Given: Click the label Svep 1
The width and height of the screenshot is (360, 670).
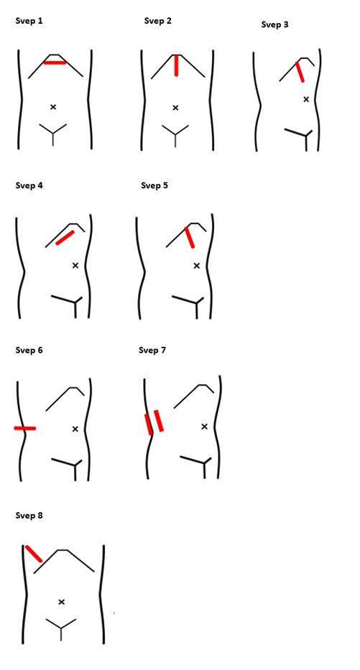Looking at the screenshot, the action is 29,21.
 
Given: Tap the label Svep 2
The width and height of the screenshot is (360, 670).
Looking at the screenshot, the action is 158,21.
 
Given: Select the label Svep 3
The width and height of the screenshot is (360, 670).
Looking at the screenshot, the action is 275,25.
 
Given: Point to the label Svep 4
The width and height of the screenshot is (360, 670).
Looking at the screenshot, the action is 29,185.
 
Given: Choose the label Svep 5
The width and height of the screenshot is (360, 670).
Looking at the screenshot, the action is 154,185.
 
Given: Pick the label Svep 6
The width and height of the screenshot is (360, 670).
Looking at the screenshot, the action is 29,350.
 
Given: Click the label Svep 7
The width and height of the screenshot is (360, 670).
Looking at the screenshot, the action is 152,350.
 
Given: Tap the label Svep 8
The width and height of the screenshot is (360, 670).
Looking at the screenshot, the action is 29,516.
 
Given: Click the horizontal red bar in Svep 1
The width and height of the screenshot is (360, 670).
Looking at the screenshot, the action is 55,62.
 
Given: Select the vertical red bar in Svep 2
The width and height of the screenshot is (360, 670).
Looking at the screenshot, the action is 176,65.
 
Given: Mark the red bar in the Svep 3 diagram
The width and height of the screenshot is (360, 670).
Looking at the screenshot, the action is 300,72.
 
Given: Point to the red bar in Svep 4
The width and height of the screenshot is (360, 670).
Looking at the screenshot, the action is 65,238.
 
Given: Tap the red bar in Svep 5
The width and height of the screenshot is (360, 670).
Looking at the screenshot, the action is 190,238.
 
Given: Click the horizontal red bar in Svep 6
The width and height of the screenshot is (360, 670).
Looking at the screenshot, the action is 25,428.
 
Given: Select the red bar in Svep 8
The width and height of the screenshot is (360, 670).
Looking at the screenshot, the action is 34,554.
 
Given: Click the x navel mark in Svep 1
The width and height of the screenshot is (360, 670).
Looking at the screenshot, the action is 53,107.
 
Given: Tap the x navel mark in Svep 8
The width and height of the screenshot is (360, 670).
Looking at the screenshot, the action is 61,602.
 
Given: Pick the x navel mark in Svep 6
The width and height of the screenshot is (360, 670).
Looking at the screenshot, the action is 75,429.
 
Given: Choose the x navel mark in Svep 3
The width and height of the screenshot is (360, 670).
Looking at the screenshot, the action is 306,99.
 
